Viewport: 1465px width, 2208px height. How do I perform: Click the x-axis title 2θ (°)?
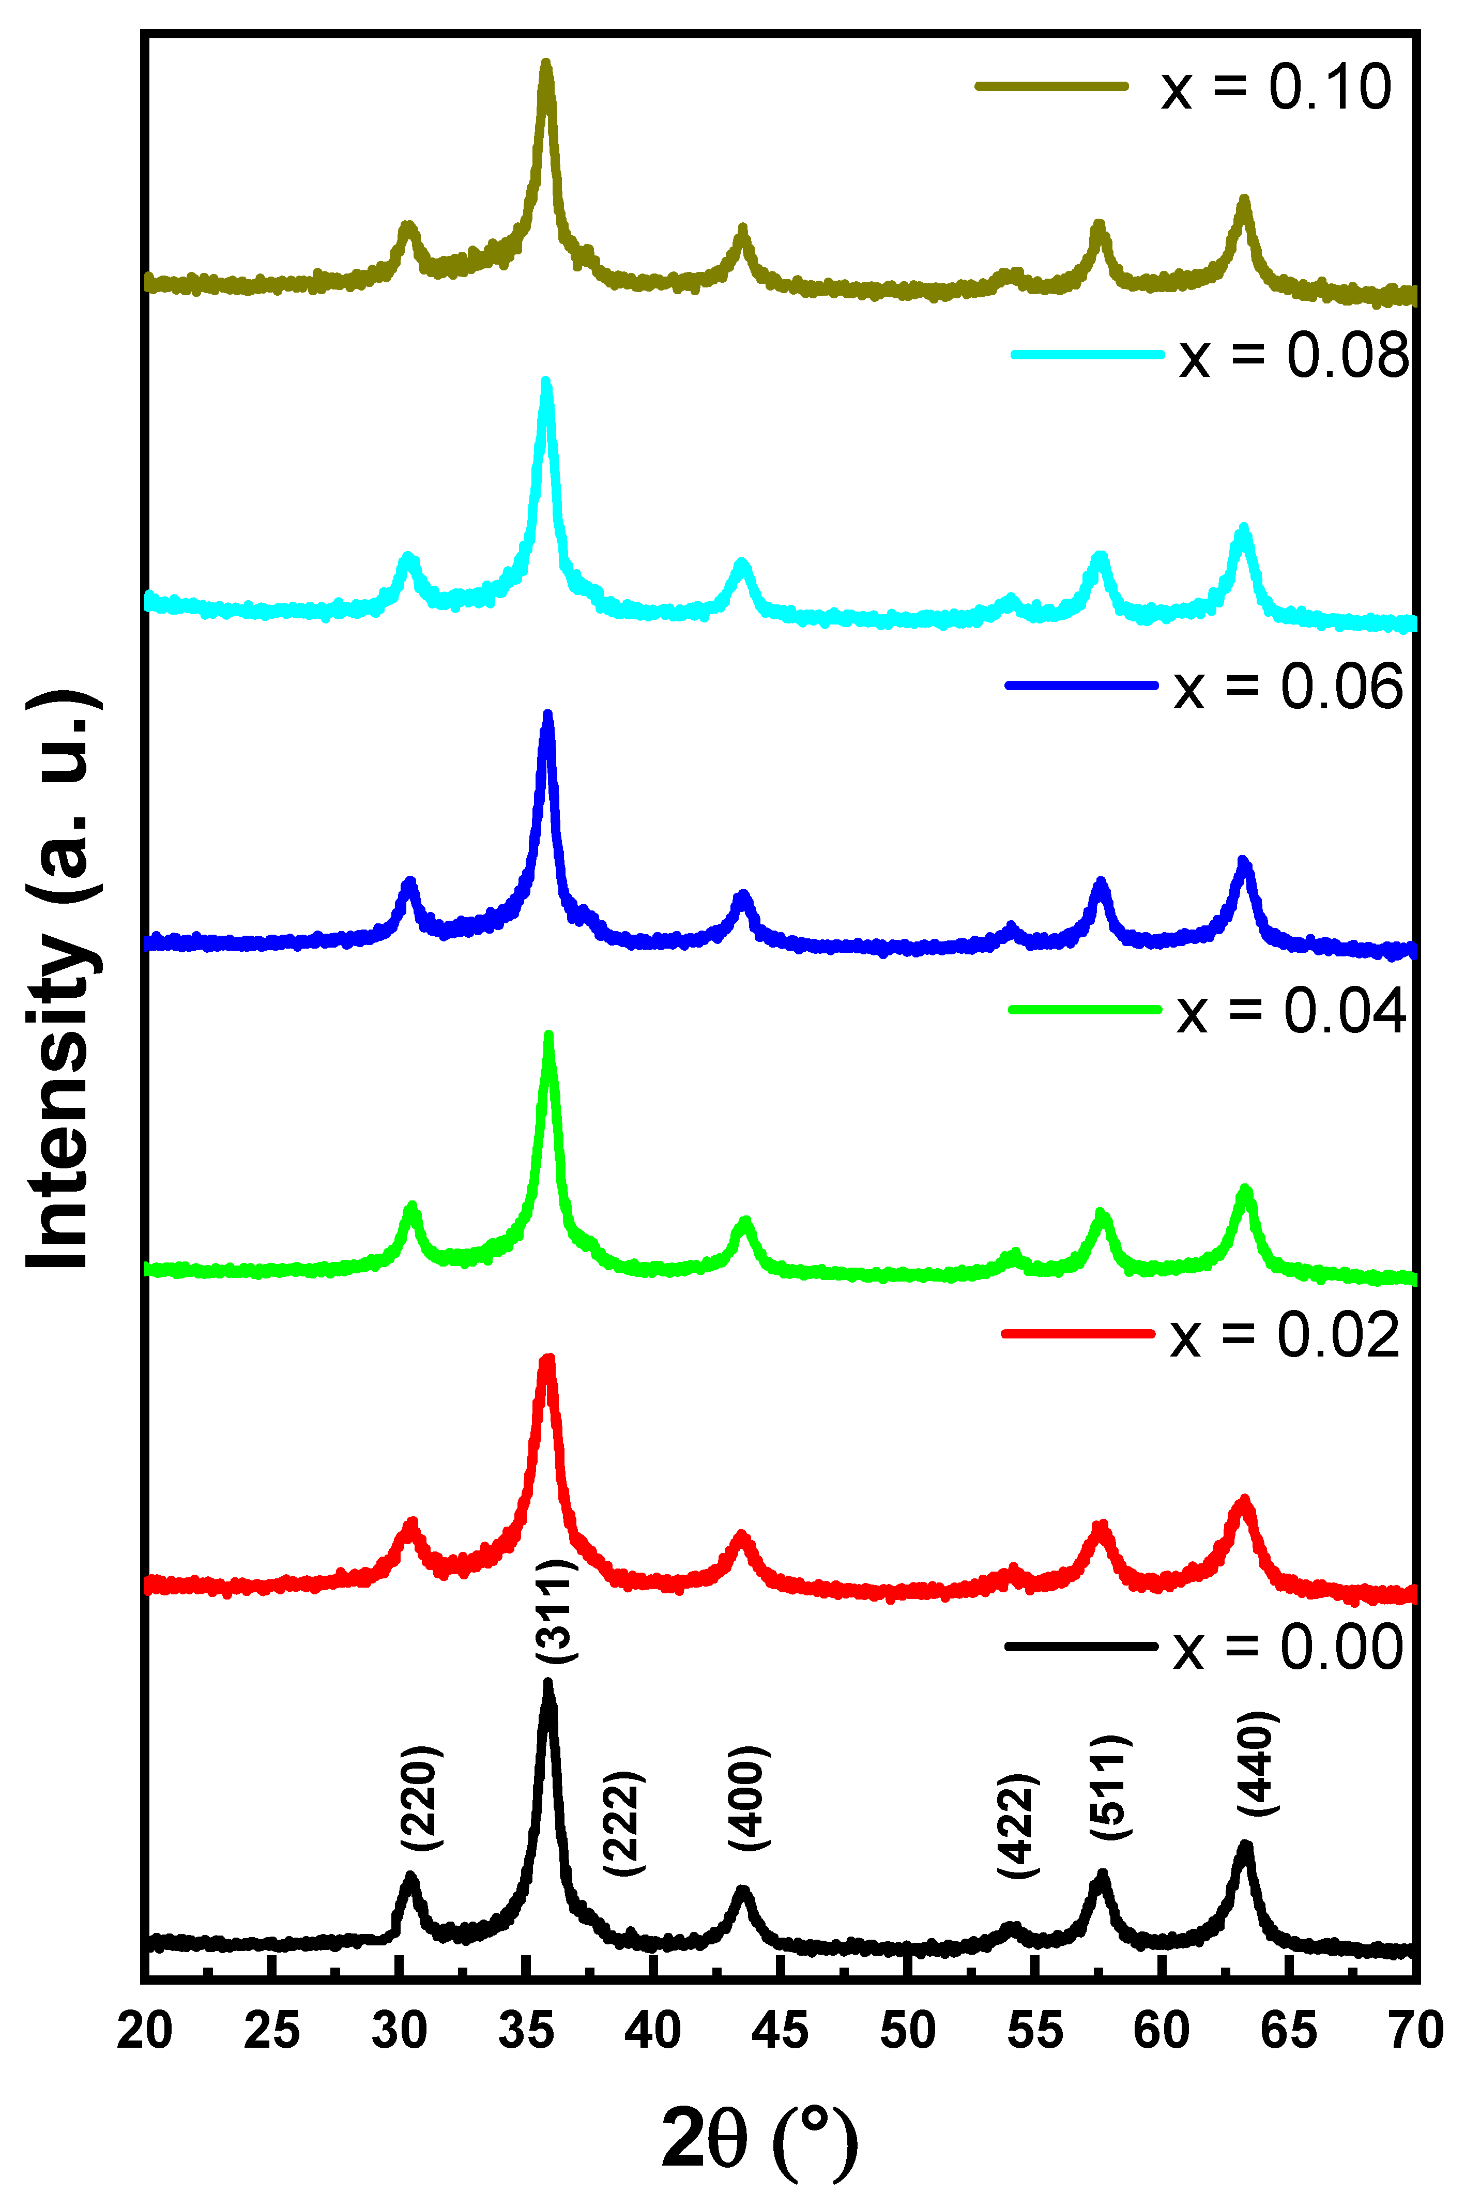pyautogui.click(x=759, y=2140)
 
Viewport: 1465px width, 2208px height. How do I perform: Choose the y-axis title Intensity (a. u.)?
pyautogui.click(x=60, y=981)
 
